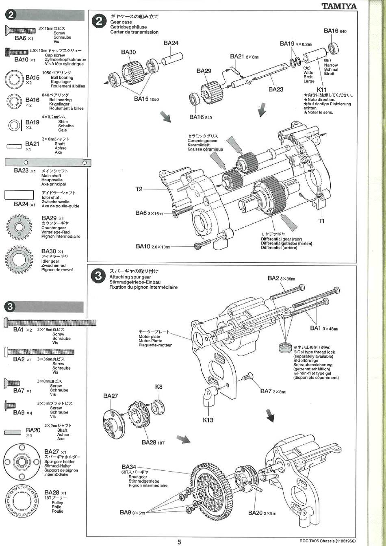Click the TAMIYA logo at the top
click(x=339, y=6)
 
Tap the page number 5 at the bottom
click(x=179, y=542)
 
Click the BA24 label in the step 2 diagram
click(x=171, y=43)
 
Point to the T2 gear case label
click(x=139, y=189)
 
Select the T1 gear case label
click(x=321, y=221)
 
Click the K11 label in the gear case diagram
click(x=321, y=89)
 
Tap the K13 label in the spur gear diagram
click(x=208, y=420)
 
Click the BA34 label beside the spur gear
click(x=129, y=467)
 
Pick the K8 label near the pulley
click(x=158, y=387)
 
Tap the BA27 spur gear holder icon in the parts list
click(x=20, y=461)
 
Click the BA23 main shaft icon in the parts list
click(x=48, y=163)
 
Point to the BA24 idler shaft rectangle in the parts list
click(x=22, y=195)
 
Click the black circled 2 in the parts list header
click(x=11, y=15)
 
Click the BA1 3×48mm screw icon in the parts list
click(x=50, y=323)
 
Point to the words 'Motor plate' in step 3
click(x=149, y=337)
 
